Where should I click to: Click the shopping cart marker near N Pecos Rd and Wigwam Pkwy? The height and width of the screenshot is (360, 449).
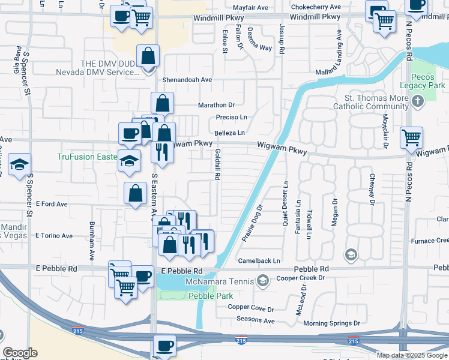tap(411, 138)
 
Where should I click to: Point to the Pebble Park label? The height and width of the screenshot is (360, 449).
tap(206, 296)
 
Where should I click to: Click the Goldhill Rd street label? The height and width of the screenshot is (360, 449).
tap(217, 165)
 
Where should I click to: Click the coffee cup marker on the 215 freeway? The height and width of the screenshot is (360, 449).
tap(164, 346)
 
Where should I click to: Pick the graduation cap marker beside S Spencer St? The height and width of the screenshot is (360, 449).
tap(19, 165)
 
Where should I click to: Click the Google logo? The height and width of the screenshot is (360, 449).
tap(20, 353)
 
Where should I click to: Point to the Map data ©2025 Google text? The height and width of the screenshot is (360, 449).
tap(412, 355)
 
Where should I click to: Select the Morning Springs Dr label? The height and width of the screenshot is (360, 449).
tap(332, 323)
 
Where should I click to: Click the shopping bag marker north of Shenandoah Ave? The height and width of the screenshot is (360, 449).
tap(148, 56)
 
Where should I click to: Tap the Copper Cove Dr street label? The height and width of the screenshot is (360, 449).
tap(250, 308)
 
